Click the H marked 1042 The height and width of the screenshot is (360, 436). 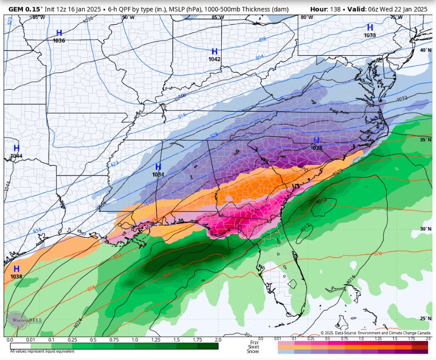coord(214,52)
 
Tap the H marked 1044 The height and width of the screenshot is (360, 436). coord(16,148)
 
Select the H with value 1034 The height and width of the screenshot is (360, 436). coord(158,167)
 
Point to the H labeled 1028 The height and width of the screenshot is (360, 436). coord(316,140)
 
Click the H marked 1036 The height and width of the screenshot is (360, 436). coord(59,33)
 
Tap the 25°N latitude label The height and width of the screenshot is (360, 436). coord(425,318)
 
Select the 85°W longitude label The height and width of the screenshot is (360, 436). coord(217,17)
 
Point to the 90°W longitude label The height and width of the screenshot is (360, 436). coord(127,17)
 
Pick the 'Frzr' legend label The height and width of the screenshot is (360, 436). coord(254,342)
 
